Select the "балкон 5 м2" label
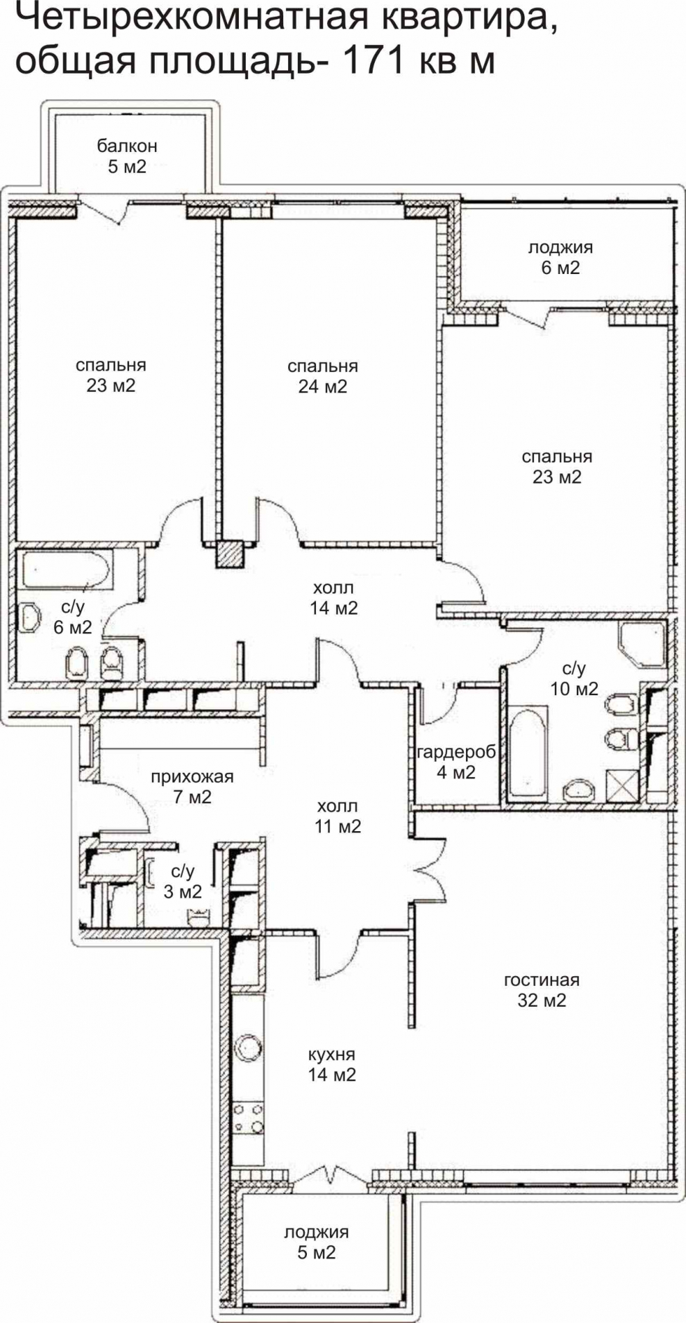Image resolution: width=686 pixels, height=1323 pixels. [x=127, y=156]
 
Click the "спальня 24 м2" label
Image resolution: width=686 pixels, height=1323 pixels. [x=323, y=376]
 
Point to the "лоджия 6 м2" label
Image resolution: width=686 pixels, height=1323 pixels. [x=560, y=257]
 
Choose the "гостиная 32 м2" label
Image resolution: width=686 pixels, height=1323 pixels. [x=542, y=990]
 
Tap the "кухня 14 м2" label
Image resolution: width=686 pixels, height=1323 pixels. [x=332, y=1064]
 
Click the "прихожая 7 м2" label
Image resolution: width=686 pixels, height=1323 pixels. [x=192, y=787]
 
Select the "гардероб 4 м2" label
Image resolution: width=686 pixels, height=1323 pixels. [x=456, y=762]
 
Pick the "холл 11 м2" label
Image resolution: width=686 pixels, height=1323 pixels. [x=337, y=817]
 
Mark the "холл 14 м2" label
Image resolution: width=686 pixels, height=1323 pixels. [x=334, y=598]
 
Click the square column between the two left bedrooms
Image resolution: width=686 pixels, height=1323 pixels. [x=230, y=554]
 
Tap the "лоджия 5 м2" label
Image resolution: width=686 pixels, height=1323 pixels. [x=316, y=1243]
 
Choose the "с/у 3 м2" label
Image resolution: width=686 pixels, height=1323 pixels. [x=183, y=881]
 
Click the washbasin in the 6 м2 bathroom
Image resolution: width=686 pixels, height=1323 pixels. [x=29, y=617]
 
